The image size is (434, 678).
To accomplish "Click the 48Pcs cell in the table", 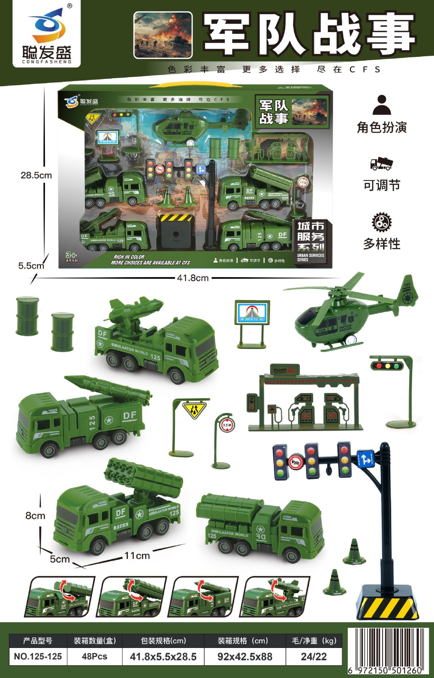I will tap(94, 656).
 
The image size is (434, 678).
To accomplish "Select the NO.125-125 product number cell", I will tap(38, 656).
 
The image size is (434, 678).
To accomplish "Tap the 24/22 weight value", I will tap(313, 656).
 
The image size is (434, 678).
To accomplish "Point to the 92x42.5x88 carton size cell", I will tap(245, 656).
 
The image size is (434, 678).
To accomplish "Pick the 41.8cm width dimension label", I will tap(193, 278).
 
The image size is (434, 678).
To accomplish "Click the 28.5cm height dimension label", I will tap(36, 175).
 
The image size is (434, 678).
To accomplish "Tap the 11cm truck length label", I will tap(137, 556).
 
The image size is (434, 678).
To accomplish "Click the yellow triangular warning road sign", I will tap(194, 411).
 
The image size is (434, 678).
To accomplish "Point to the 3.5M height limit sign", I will tap(227, 425).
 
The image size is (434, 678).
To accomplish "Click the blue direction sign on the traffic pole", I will tap(365, 459).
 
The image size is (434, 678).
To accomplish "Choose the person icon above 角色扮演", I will tap(382, 105).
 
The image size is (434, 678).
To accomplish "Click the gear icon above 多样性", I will tap(382, 222).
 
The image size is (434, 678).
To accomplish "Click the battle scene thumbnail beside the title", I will tap(163, 35).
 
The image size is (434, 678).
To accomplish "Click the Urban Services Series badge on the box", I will tap(310, 242).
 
